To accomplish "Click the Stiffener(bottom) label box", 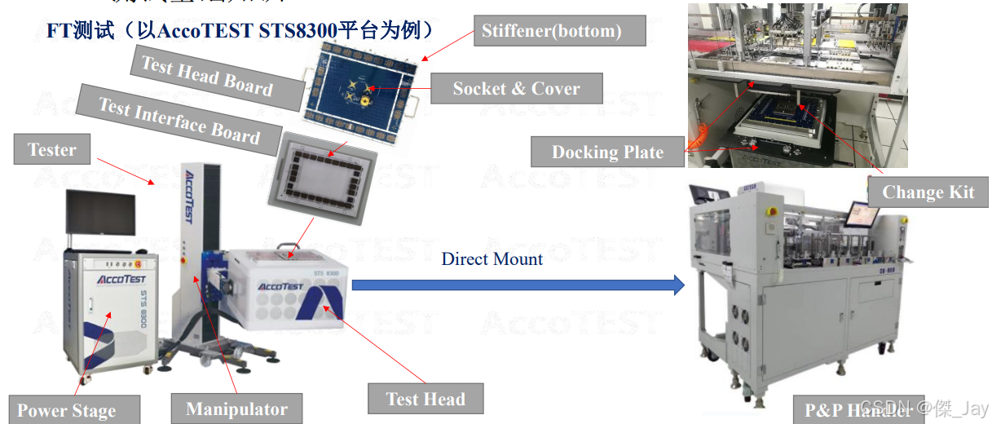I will point(552,31).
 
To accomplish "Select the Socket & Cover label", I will point(516,89).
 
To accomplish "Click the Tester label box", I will point(52,150).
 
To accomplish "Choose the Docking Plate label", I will point(607,152).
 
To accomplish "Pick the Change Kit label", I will point(928,192).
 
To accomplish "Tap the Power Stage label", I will point(66,411).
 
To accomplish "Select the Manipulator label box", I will point(236,409).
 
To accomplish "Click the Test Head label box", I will point(425,399).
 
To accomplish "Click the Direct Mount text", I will point(492,259).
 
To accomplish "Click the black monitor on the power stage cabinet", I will point(100,211).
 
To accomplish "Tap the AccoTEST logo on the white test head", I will point(280,286).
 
